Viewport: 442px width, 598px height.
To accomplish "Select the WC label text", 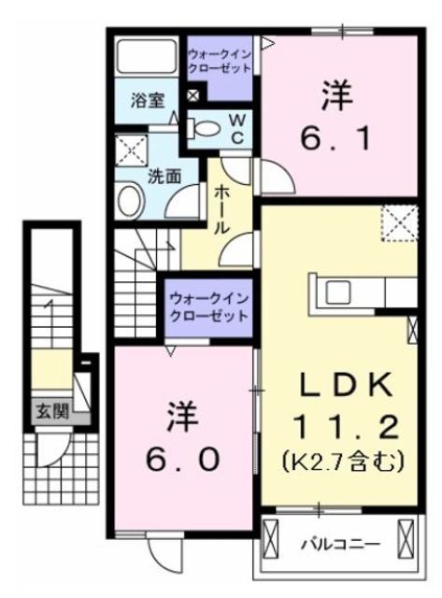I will click(x=237, y=129).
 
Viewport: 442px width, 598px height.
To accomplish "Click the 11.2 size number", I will click(x=348, y=428).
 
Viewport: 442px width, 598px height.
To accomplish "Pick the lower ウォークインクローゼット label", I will click(x=209, y=307).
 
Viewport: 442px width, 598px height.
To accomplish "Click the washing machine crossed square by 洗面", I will click(x=132, y=149).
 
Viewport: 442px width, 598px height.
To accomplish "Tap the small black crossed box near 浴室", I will click(x=192, y=95).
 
